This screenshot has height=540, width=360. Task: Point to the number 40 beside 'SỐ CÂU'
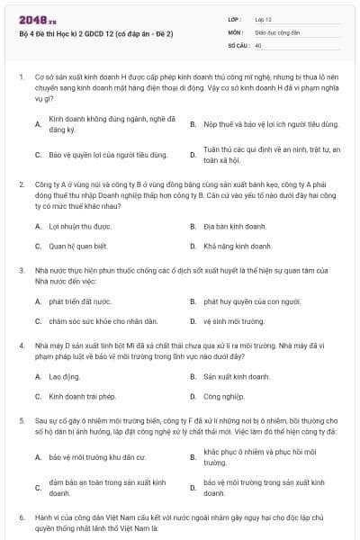point(258,44)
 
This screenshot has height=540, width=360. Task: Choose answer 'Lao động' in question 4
point(64,376)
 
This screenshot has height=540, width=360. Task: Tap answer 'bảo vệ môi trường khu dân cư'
point(97,456)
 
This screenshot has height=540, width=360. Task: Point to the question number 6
point(21,518)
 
